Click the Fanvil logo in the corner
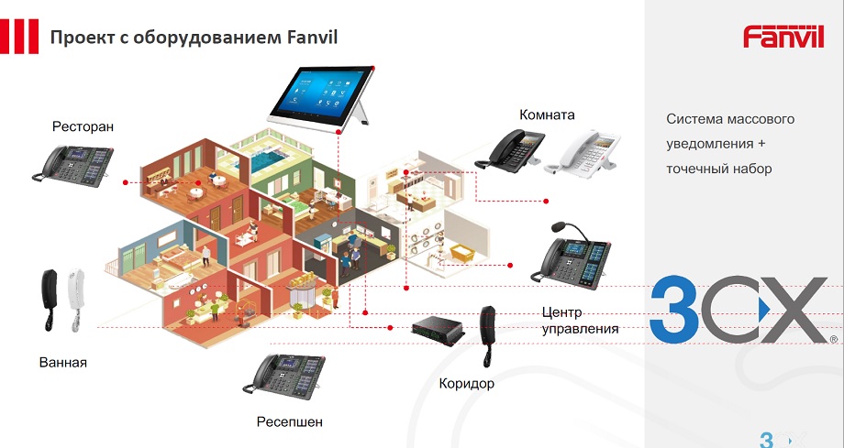point(783,36)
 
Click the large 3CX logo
point(743,310)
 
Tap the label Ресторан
point(83,126)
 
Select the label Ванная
point(63,362)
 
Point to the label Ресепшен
point(290,422)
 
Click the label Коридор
point(466,383)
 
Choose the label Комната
point(547,115)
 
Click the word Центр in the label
point(562,312)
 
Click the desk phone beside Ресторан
point(73,162)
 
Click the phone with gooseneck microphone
point(568,256)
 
